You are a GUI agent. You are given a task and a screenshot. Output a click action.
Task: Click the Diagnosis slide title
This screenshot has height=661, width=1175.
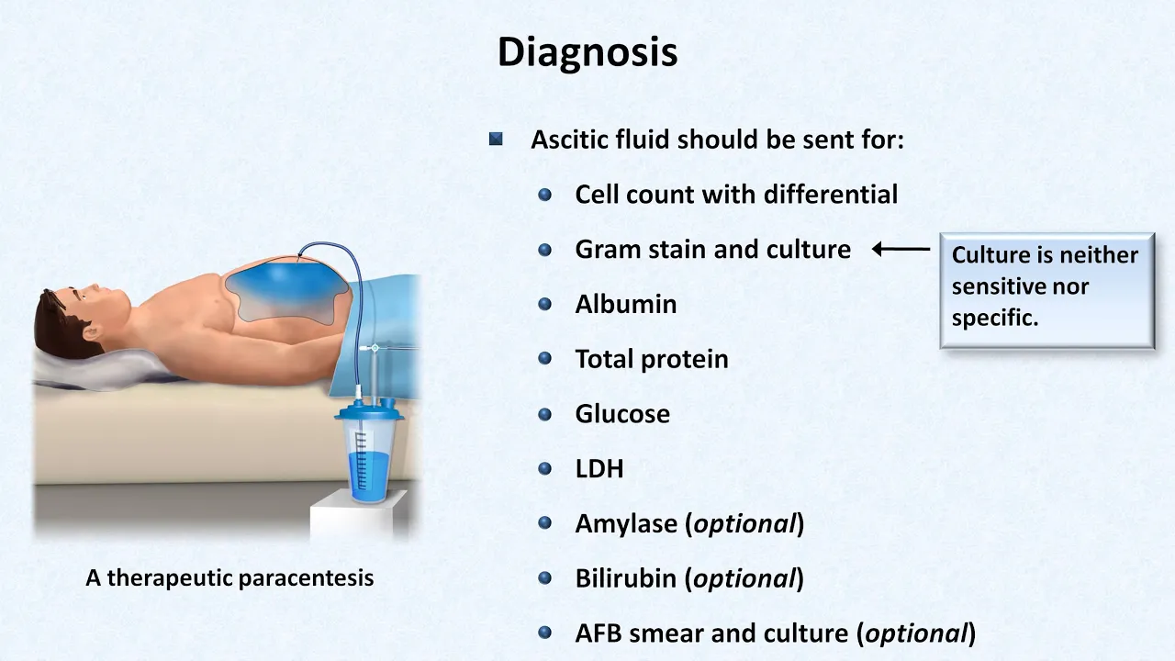point(587,52)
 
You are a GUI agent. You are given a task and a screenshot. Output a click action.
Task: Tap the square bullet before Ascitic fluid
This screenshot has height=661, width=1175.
point(496,139)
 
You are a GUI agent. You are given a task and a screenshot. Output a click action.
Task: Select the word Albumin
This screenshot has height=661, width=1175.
point(626,304)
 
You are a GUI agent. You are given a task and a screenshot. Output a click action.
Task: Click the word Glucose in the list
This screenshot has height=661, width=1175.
point(622,414)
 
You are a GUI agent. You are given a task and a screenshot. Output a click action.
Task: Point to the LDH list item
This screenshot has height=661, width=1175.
point(599,469)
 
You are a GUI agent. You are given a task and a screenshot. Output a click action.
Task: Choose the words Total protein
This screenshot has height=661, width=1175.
point(652,359)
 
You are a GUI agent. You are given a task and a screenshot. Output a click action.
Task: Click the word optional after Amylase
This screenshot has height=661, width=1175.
point(744,524)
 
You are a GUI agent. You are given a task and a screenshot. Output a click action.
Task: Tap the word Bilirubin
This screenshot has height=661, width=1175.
point(627,578)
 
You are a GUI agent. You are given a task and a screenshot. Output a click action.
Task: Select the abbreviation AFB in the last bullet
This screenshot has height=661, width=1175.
point(599,633)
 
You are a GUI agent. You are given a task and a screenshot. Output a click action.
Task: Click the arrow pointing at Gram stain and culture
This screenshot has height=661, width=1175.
point(901,249)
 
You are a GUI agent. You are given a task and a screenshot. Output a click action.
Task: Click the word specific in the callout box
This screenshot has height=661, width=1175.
point(995,319)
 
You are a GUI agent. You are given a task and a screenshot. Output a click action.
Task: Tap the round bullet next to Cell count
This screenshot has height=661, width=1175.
point(545,195)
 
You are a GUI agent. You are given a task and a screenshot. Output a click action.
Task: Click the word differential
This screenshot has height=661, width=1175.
point(831,195)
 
